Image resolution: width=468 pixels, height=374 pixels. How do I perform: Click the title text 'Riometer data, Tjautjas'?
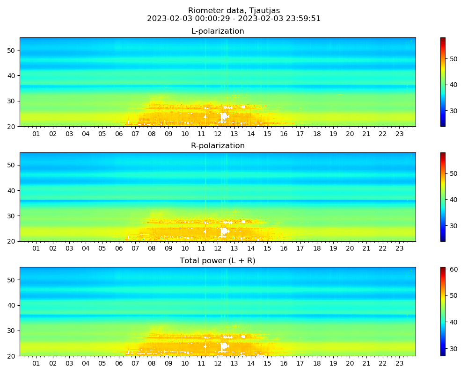pos(234,10)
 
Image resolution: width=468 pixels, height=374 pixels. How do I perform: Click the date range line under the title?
pos(234,19)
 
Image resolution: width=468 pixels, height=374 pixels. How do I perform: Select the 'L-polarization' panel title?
pos(218,31)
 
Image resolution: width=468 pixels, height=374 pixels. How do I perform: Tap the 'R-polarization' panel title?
pos(218,146)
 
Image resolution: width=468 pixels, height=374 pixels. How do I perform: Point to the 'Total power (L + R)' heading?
pos(218,261)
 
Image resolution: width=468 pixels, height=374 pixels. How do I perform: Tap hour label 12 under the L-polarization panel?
pos(218,134)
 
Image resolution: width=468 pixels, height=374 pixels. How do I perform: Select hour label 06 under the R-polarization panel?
pos(118,249)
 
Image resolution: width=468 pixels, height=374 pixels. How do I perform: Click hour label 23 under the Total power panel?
pos(399,364)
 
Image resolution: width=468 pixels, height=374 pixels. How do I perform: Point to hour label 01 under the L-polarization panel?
pos(36,134)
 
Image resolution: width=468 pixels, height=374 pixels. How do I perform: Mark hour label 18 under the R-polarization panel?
pos(317,249)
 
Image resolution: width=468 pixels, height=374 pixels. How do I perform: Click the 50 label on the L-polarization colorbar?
pos(453,59)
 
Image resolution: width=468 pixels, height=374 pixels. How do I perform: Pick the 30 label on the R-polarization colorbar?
pos(453,226)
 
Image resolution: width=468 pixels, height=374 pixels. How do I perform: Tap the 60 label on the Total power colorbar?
pos(453,269)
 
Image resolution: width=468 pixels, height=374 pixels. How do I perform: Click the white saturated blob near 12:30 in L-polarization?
pos(225,116)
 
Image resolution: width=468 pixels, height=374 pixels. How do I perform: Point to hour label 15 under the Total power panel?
pos(267,364)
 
